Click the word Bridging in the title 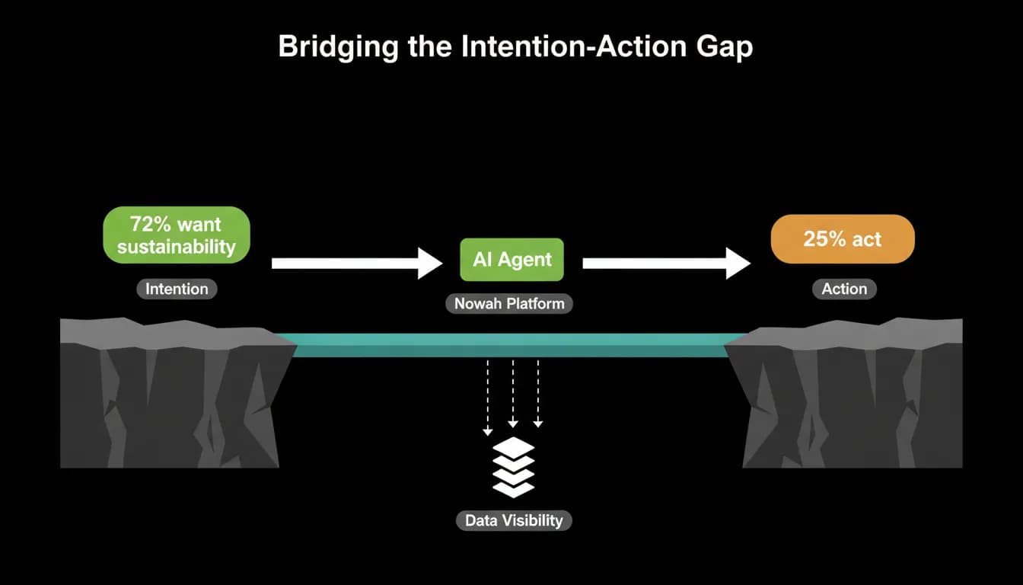pyautogui.click(x=339, y=47)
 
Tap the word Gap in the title pyautogui.click(x=725, y=47)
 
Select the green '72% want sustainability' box pyautogui.click(x=177, y=235)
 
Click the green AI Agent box pyautogui.click(x=512, y=260)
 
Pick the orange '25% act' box pyautogui.click(x=843, y=239)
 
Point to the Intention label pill pyautogui.click(x=177, y=289)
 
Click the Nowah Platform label pyautogui.click(x=509, y=303)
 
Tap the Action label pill pyautogui.click(x=844, y=289)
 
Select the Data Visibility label pyautogui.click(x=514, y=520)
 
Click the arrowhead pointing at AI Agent pyautogui.click(x=429, y=264)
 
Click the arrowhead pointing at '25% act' pyautogui.click(x=738, y=264)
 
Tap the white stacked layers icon pyautogui.click(x=514, y=467)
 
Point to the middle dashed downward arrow pyautogui.click(x=513, y=394)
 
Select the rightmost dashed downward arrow pyautogui.click(x=538, y=394)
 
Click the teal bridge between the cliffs pyautogui.click(x=511, y=345)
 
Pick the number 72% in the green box pyautogui.click(x=150, y=225)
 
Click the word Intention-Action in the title pyautogui.click(x=574, y=46)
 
